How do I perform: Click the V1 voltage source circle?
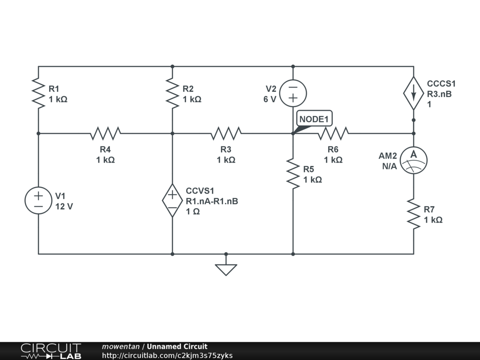click(38, 201)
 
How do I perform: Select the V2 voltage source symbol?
click(293, 93)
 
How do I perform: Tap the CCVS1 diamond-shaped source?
click(172, 201)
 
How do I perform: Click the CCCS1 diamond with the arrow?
click(413, 93)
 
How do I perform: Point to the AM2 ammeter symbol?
click(413, 160)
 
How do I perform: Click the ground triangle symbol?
click(226, 270)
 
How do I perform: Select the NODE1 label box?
click(314, 119)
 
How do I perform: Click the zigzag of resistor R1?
click(38, 93)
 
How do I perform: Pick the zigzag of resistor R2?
click(172, 93)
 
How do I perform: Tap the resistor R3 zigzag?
click(226, 134)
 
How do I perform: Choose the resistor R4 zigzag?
click(105, 134)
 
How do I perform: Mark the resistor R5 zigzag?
click(293, 173)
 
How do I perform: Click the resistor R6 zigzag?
click(333, 134)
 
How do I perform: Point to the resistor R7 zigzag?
click(413, 214)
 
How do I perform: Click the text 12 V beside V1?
click(64, 207)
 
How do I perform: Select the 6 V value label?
click(270, 99)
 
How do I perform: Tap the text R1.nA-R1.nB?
click(212, 201)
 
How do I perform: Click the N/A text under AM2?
click(390, 166)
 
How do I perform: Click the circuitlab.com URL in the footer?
click(167, 355)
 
